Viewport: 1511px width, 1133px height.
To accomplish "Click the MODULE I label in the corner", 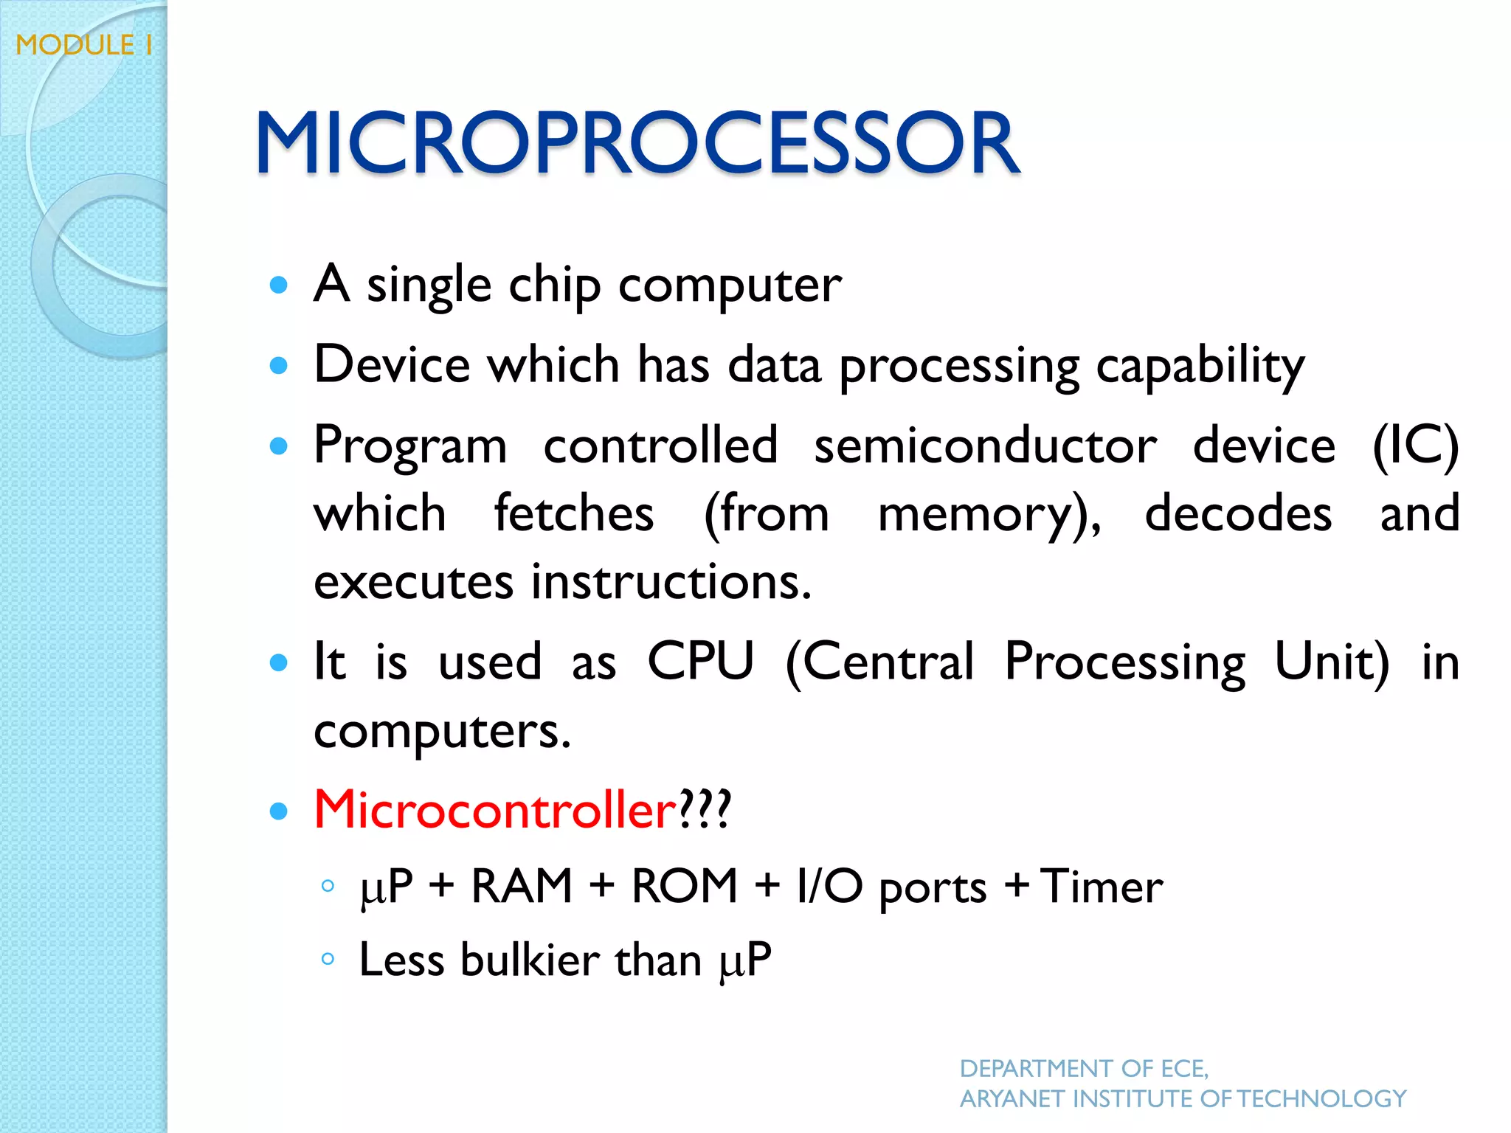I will click(x=84, y=45).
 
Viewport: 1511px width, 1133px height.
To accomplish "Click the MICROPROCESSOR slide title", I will click(x=637, y=142).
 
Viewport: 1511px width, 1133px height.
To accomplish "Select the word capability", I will click(x=1200, y=367).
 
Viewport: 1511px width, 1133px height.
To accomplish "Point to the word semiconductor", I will click(x=986, y=446).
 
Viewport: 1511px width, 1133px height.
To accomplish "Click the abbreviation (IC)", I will click(x=1415, y=446).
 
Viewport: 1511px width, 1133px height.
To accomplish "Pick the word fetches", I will click(x=574, y=513).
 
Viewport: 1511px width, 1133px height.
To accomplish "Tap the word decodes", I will click(x=1238, y=513).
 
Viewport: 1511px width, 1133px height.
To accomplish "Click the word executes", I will click(x=413, y=582).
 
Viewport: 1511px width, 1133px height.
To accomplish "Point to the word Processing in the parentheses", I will click(x=1126, y=662).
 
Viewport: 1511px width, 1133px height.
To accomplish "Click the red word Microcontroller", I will click(x=495, y=809).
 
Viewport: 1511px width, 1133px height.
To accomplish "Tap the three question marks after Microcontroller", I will click(x=705, y=809).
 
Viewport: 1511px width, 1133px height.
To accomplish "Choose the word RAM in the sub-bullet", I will click(x=522, y=886).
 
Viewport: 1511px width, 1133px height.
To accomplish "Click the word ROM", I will click(x=685, y=886).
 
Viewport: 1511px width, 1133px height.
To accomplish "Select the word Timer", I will click(x=1102, y=886).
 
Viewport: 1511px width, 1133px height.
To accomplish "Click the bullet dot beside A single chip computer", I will click(x=278, y=285).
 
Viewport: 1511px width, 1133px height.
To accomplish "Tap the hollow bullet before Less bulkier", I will click(x=328, y=959).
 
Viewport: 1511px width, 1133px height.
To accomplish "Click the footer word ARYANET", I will click(x=1012, y=1099).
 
